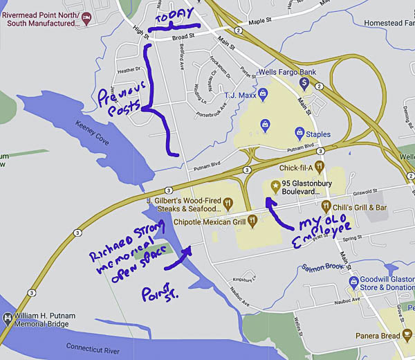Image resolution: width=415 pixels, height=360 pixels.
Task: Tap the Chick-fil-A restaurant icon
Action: pyautogui.click(x=319, y=167)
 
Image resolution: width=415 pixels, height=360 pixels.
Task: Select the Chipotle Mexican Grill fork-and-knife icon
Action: pyautogui.click(x=253, y=222)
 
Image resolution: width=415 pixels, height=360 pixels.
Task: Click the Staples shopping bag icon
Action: pyautogui.click(x=298, y=132)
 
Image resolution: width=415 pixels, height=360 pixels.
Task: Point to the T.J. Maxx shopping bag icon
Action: pyautogui.click(x=264, y=124)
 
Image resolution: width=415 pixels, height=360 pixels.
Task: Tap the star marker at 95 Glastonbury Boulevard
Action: pyautogui.click(x=276, y=186)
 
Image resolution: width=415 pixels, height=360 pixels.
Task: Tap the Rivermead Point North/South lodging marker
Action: pyautogui.click(x=86, y=18)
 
